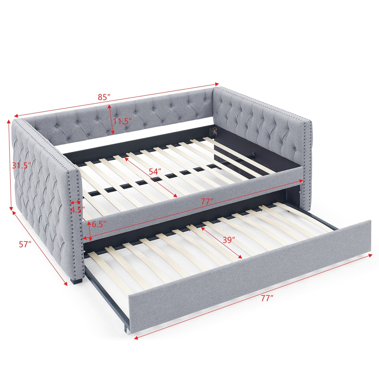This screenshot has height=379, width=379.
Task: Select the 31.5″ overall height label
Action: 22,166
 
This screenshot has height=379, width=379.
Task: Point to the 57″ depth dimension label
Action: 25,244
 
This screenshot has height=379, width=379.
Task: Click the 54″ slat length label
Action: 155,172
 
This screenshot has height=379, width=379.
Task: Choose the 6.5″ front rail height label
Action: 99,224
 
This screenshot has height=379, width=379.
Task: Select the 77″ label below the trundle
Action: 267,298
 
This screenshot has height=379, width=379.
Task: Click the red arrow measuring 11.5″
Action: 111,119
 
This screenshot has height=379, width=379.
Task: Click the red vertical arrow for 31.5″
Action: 10,165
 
